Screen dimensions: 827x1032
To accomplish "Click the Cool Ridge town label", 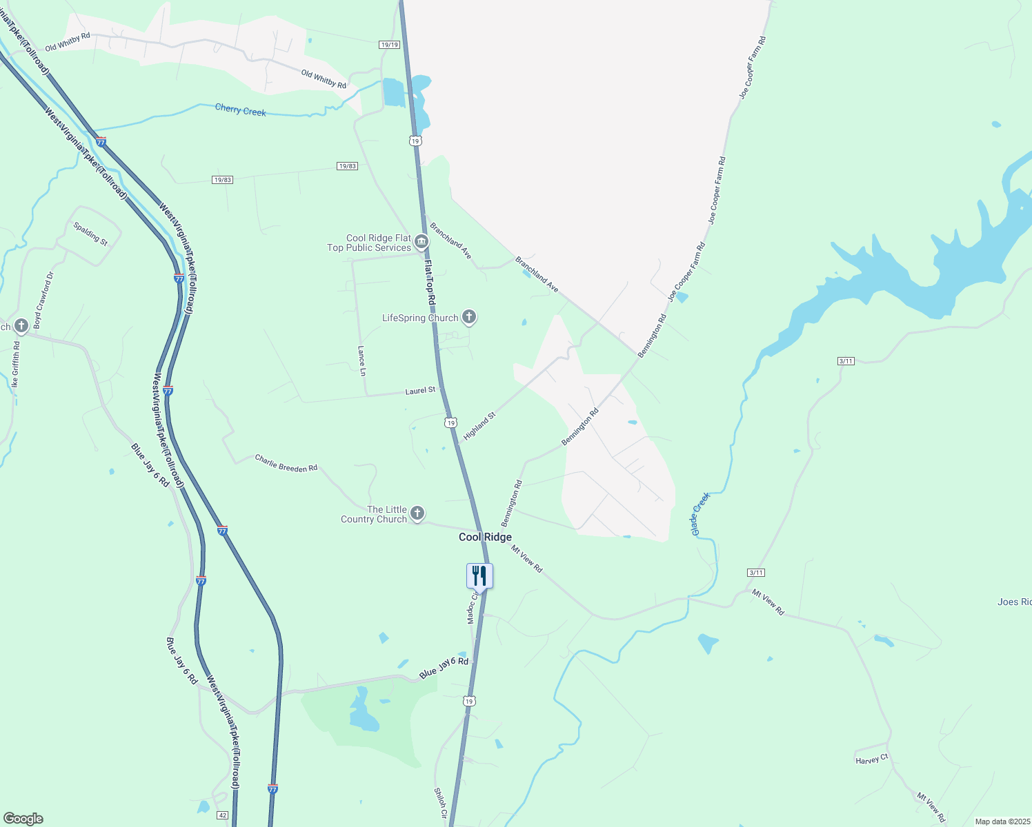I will click(485, 537).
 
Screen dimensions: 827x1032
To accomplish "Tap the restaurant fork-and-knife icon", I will click(479, 576).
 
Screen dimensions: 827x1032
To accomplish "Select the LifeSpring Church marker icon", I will click(469, 317).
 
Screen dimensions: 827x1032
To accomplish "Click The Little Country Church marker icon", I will click(417, 513).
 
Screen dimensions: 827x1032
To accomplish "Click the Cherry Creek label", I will click(240, 110).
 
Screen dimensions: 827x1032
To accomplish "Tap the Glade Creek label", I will click(700, 514).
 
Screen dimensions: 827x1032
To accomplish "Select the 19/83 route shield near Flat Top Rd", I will click(347, 166).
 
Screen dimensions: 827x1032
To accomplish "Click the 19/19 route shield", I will click(389, 45).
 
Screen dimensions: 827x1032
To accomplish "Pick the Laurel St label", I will click(420, 391).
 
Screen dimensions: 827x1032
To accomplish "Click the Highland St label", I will click(479, 427).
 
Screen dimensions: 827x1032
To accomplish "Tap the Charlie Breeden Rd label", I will click(286, 462).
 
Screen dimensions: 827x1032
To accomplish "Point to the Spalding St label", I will click(91, 234).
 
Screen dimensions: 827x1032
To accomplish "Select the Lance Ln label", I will click(361, 360).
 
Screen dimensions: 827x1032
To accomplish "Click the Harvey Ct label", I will click(871, 759).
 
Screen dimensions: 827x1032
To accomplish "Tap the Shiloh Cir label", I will click(440, 803).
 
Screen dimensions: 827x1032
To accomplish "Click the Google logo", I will click(23, 819).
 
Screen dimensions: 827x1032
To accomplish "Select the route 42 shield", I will click(222, 815).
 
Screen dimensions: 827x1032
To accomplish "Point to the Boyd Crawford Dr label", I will click(43, 300).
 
